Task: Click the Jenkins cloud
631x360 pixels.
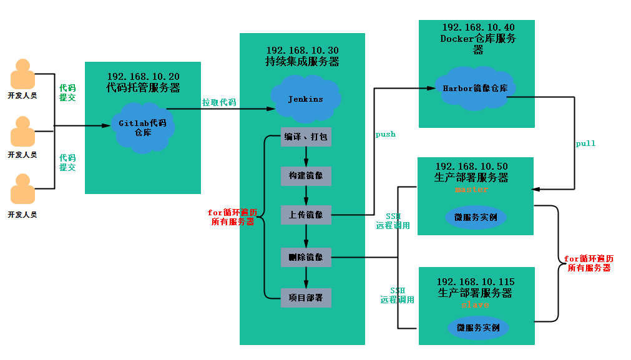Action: (305, 99)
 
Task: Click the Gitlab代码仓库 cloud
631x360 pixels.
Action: (143, 128)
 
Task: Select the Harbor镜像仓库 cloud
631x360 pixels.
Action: (475, 88)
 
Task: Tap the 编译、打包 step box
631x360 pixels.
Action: (305, 137)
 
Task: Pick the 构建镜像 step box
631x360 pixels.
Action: (305, 176)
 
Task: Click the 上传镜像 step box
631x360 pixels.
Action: (305, 215)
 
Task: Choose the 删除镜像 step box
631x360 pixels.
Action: (305, 257)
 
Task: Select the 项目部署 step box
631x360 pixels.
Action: (305, 298)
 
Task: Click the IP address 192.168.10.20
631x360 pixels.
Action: (143, 75)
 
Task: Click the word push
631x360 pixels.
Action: (385, 134)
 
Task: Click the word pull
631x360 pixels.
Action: (585, 144)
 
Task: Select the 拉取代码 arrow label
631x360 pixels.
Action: (218, 102)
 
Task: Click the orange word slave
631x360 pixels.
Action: (475, 305)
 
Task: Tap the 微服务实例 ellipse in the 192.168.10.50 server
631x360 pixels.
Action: (476, 217)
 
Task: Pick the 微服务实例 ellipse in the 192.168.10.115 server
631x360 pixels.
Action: (478, 328)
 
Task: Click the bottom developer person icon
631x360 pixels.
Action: (22, 190)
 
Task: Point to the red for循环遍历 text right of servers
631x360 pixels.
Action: (589, 263)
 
